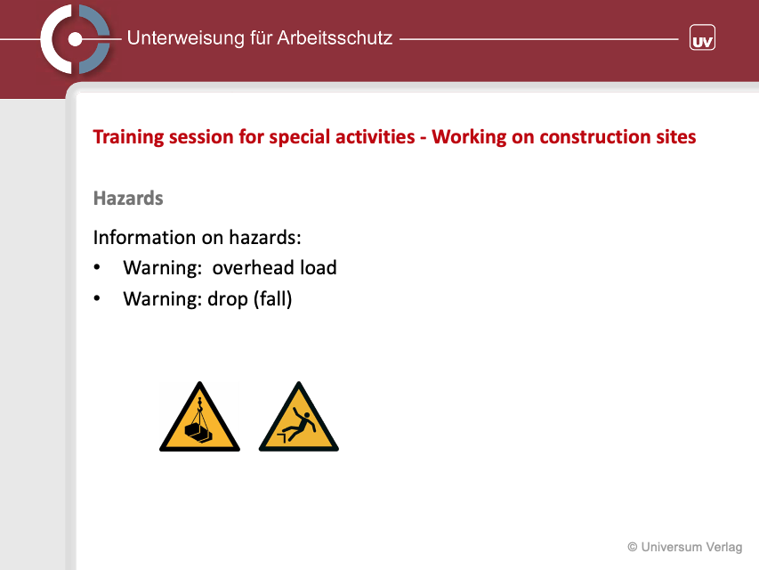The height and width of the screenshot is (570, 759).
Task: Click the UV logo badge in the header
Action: (702, 37)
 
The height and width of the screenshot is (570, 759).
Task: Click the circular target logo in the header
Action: (75, 39)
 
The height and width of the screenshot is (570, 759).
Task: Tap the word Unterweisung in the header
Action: (185, 38)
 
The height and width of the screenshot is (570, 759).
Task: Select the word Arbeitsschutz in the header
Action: (335, 37)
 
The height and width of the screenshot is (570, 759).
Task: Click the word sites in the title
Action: (676, 136)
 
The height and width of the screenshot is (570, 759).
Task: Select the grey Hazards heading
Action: (128, 199)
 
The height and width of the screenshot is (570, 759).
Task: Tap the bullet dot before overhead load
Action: (97, 267)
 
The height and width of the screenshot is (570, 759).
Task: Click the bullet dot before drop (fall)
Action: (97, 298)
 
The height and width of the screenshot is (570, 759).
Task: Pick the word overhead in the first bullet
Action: (254, 267)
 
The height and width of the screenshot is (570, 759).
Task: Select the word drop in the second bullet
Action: (228, 299)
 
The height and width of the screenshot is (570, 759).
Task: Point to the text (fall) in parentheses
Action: (272, 299)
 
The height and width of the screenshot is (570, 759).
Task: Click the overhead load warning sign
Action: (199, 417)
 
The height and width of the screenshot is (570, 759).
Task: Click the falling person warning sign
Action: (299, 417)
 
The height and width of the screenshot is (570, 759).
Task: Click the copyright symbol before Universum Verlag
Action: (632, 547)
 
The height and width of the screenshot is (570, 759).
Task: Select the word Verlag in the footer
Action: (723, 547)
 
